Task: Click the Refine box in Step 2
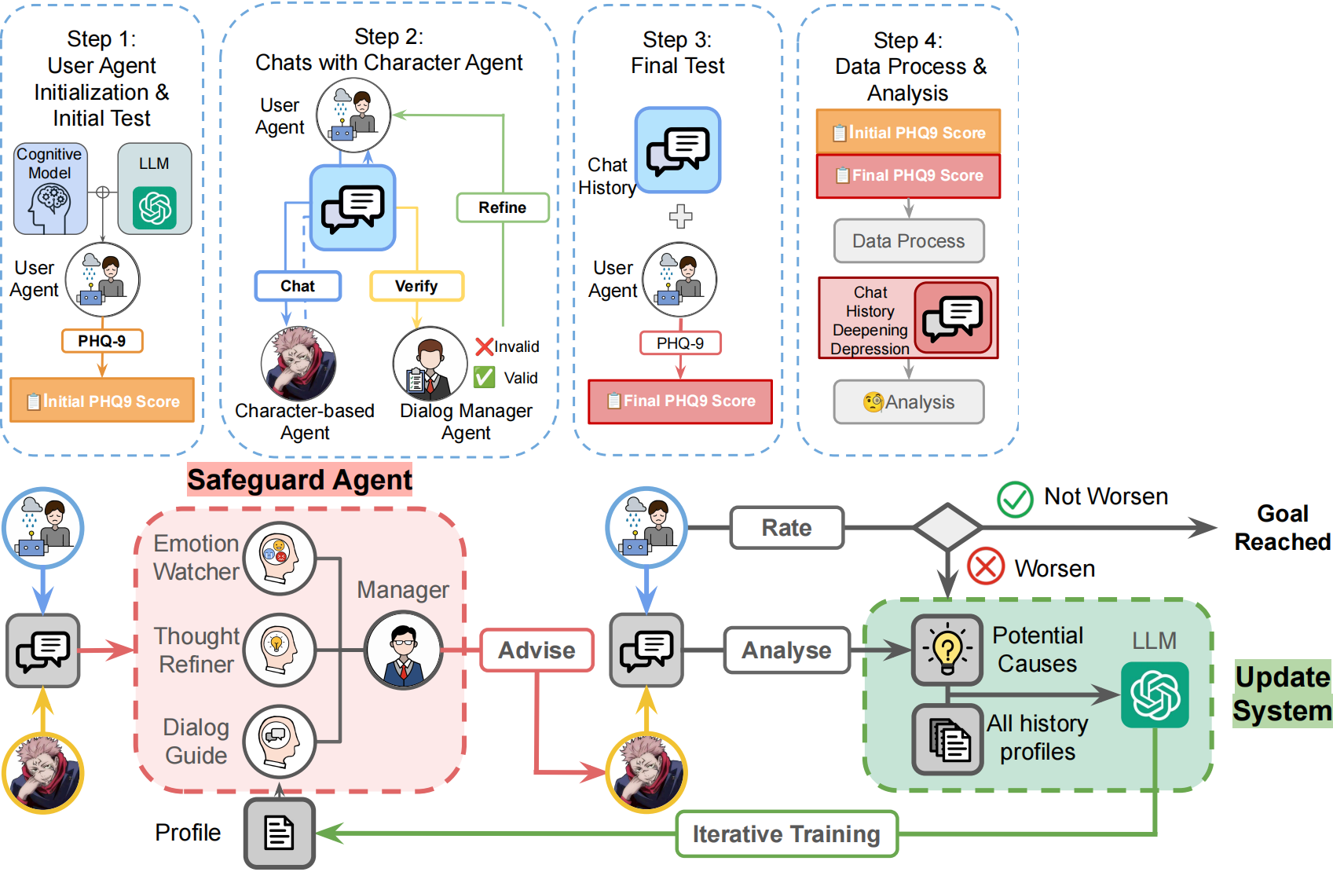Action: (x=503, y=207)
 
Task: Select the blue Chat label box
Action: (x=298, y=286)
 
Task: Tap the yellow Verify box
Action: (x=416, y=286)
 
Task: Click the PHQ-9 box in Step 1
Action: (x=102, y=341)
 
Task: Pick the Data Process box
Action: (x=908, y=241)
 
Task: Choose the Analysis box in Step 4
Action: (x=908, y=402)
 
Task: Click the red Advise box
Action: (x=536, y=650)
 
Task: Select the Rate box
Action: (x=786, y=528)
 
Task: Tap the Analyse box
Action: (x=786, y=650)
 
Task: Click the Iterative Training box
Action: (x=786, y=834)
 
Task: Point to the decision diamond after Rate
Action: (x=947, y=527)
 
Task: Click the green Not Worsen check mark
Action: (x=1015, y=499)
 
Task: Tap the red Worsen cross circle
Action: (x=986, y=566)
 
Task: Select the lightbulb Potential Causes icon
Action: (x=947, y=650)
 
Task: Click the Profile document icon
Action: (x=279, y=833)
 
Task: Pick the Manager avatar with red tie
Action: (x=404, y=650)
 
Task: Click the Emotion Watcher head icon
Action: (x=279, y=559)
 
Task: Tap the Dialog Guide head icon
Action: (x=279, y=741)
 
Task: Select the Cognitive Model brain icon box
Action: (x=50, y=189)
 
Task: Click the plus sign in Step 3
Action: (x=680, y=216)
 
